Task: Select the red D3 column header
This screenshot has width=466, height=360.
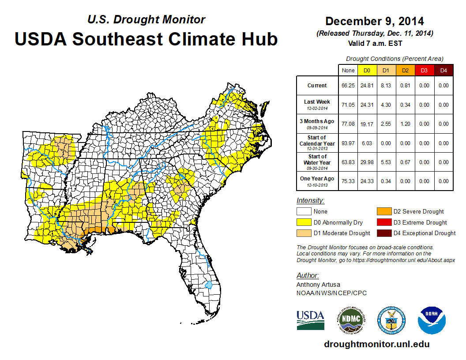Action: (x=424, y=70)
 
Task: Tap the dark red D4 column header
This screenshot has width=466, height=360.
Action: (x=443, y=70)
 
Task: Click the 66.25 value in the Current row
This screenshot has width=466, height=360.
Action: (x=348, y=86)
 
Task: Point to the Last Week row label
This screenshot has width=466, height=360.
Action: (x=317, y=105)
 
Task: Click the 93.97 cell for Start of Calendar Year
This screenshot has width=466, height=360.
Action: (x=348, y=143)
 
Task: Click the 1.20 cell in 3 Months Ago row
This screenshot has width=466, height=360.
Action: (x=405, y=124)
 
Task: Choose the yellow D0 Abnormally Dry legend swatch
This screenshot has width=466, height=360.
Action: (x=304, y=222)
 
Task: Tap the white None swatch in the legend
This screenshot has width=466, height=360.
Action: (x=304, y=212)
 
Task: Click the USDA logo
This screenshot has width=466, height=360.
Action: (x=310, y=319)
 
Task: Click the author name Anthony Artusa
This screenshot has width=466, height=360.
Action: (x=318, y=285)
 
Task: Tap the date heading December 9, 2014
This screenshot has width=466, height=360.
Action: (x=375, y=21)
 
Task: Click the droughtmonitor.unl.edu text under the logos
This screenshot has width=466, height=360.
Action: (x=376, y=344)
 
